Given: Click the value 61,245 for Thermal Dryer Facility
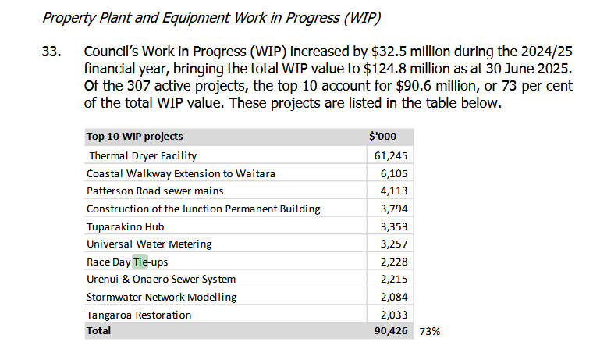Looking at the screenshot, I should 392,156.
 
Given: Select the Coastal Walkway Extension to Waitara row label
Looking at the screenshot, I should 180,173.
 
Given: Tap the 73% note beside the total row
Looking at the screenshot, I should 430,331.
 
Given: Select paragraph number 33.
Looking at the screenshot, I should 51,53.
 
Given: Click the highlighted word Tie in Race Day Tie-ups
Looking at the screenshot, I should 140,262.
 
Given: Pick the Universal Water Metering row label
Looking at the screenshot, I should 145,244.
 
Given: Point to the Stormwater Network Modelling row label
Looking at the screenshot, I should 162,297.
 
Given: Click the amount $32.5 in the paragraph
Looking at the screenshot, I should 375,53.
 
